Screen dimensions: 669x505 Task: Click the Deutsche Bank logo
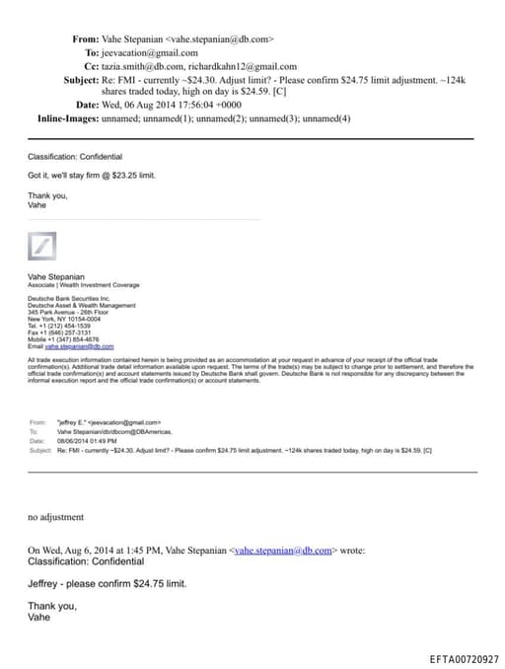(x=41, y=246)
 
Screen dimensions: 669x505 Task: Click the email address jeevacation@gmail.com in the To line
(x=150, y=52)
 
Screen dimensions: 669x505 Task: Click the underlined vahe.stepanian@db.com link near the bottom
(x=284, y=550)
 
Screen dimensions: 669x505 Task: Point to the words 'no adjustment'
(x=55, y=517)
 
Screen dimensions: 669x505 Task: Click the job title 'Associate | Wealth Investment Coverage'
(x=84, y=284)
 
